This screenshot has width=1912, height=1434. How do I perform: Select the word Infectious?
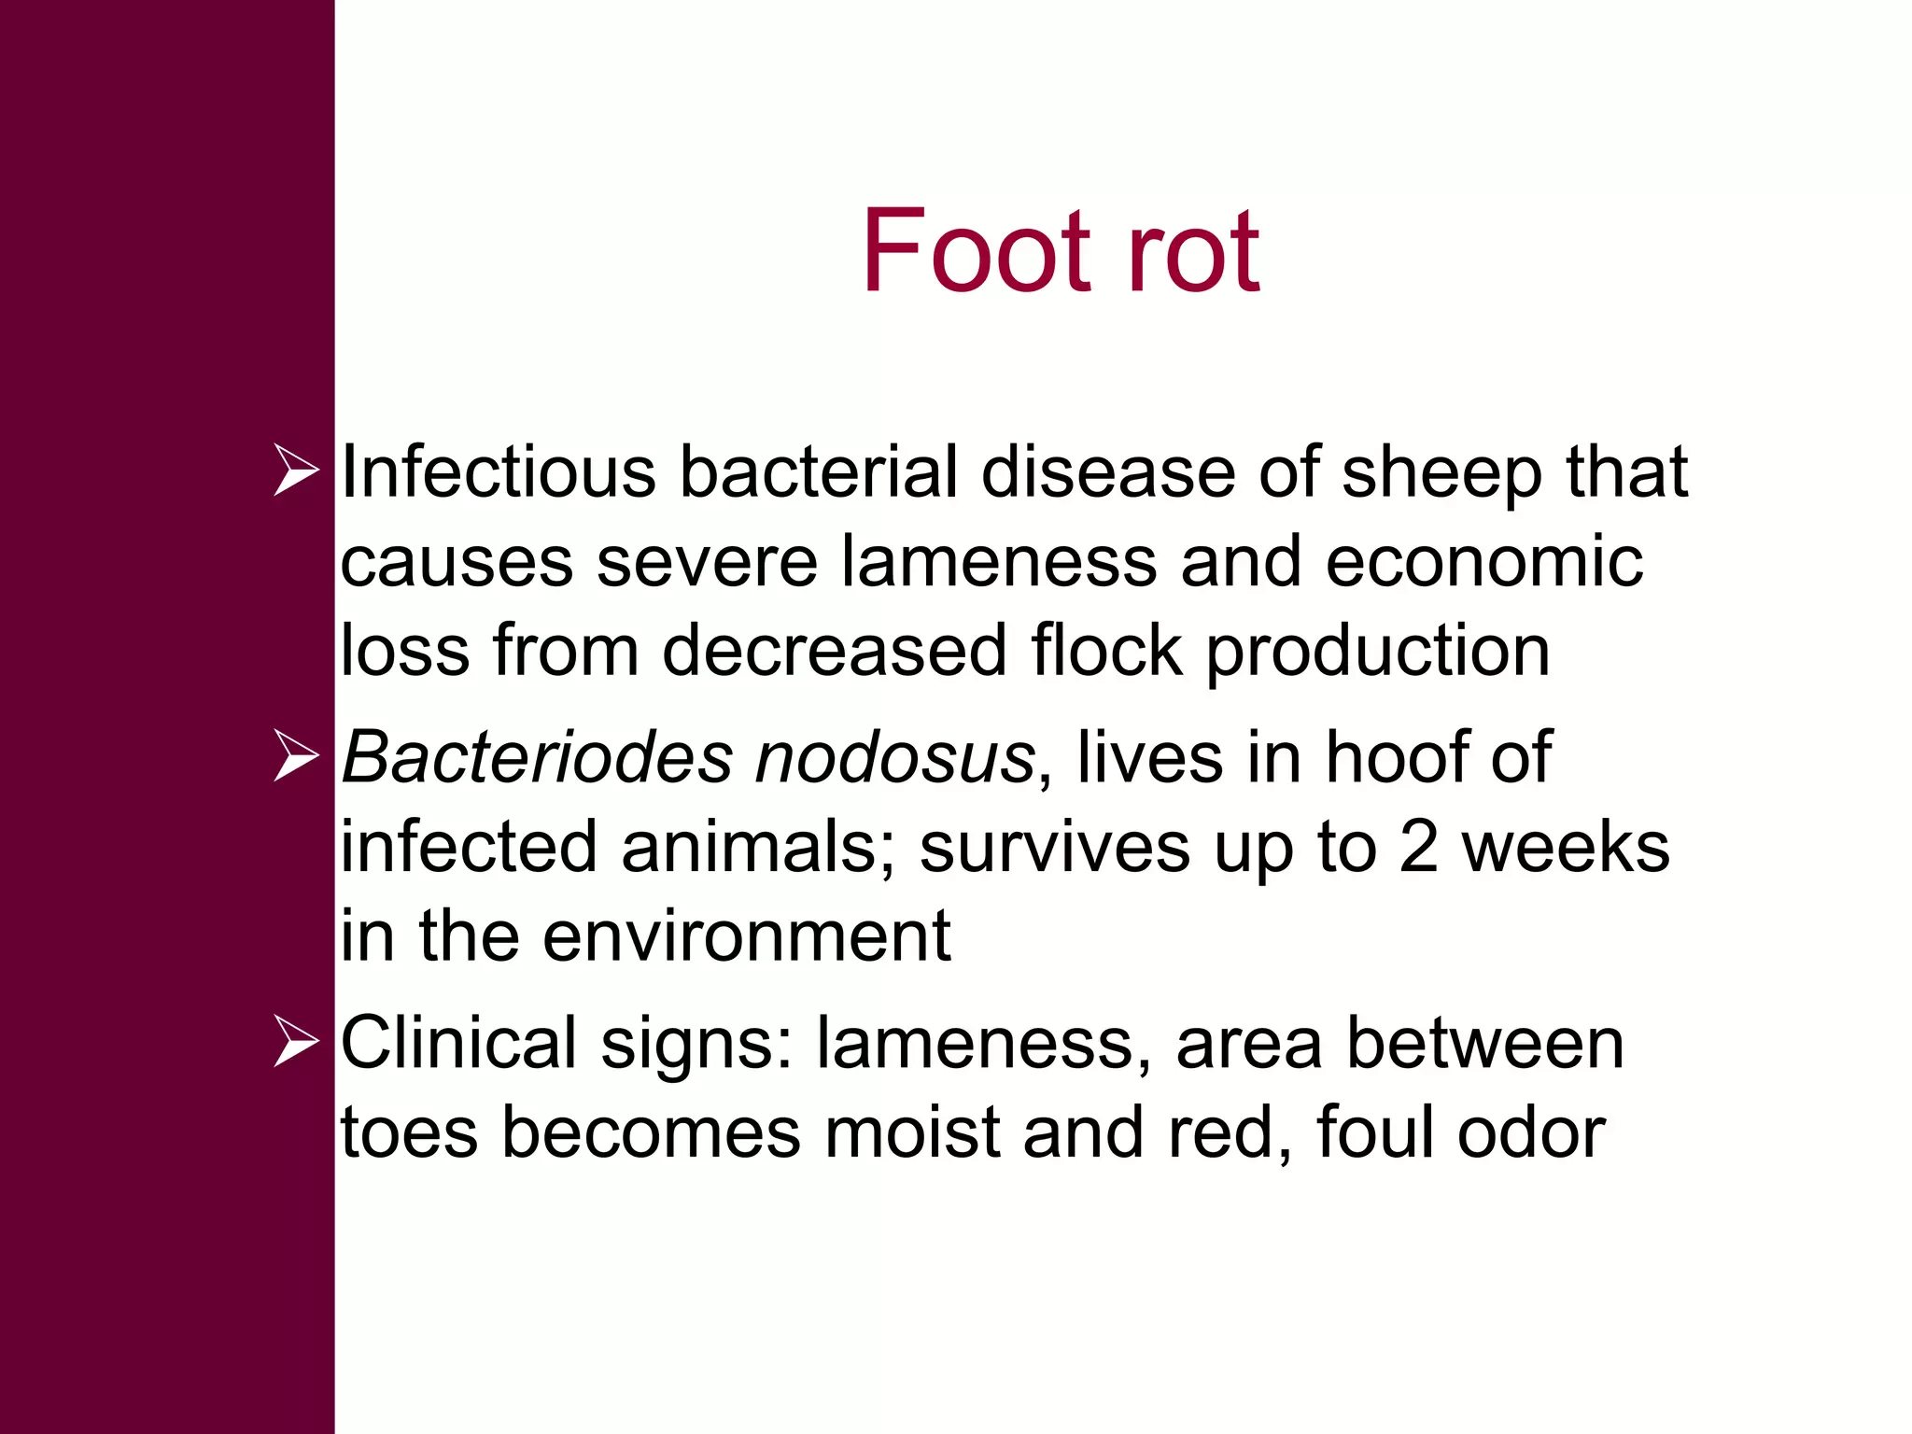498,471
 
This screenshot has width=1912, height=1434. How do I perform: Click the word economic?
1483,562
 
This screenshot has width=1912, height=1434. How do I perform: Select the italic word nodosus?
894,758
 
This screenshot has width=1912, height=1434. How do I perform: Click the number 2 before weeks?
1418,847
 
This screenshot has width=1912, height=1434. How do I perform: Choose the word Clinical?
458,1043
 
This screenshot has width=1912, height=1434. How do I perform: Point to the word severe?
706,562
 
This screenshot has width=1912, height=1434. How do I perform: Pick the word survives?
1054,847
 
